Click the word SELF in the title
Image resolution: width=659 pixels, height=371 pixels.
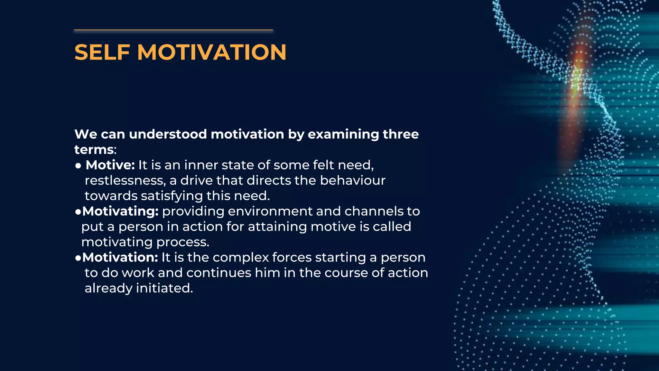pyautogui.click(x=102, y=52)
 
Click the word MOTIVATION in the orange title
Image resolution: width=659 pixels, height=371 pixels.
pyautogui.click(x=212, y=52)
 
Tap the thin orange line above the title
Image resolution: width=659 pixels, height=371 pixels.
pyautogui.click(x=173, y=30)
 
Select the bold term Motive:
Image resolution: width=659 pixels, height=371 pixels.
pyautogui.click(x=110, y=165)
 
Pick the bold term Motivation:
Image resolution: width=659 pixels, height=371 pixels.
pyautogui.click(x=120, y=257)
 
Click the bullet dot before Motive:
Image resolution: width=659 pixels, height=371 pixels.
pyautogui.click(x=78, y=166)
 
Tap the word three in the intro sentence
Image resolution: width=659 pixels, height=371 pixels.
pyautogui.click(x=401, y=134)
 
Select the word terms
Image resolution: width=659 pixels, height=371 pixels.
pyautogui.click(x=94, y=150)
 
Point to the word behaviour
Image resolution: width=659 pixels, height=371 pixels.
pyautogui.click(x=352, y=181)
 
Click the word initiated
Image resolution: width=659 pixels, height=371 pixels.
pyautogui.click(x=164, y=288)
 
